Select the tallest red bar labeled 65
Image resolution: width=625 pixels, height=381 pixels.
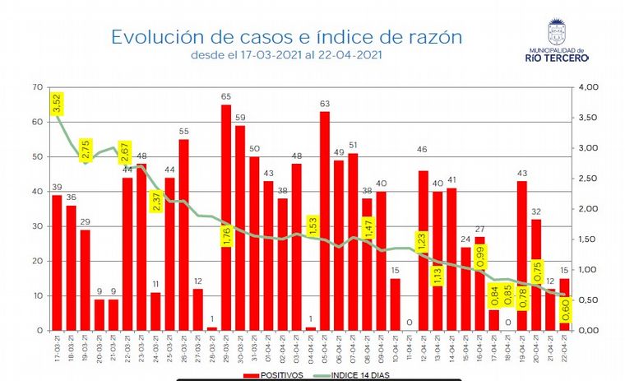tap(226, 217)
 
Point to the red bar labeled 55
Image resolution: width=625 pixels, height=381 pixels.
tap(183, 235)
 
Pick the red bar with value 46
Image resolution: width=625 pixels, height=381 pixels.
tap(424, 250)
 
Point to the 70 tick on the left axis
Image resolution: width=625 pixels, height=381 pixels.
tap(37, 87)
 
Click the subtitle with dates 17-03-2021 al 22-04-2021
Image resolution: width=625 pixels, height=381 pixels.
tap(286, 56)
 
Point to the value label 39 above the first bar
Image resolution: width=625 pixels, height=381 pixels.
tap(57, 188)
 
